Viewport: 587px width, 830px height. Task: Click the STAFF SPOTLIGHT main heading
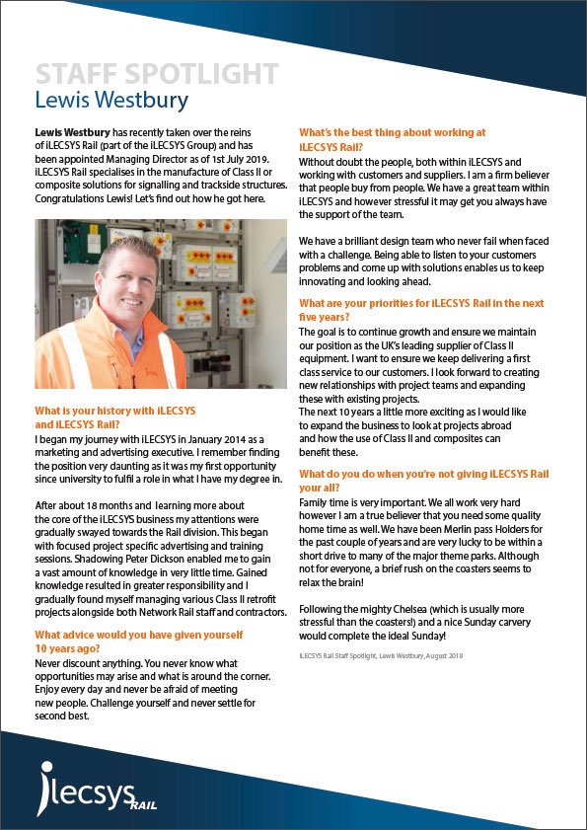[156, 73]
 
